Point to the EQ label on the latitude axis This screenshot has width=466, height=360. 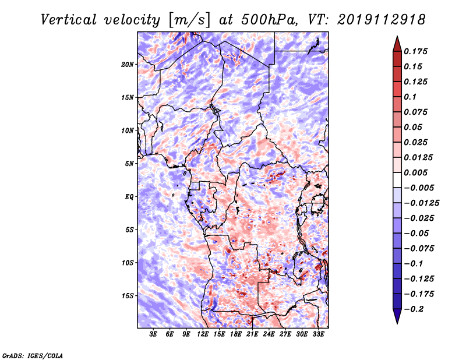[129, 196]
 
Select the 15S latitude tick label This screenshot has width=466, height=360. [128, 295]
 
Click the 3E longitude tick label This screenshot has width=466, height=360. [154, 334]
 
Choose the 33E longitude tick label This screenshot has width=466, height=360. [319, 334]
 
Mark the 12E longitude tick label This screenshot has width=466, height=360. [203, 334]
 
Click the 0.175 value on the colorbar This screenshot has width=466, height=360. [417, 51]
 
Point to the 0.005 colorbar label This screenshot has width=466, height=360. [417, 172]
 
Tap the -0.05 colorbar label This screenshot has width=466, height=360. [417, 233]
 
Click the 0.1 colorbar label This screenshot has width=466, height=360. [412, 97]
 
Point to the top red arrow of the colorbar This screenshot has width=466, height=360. [396, 42]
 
